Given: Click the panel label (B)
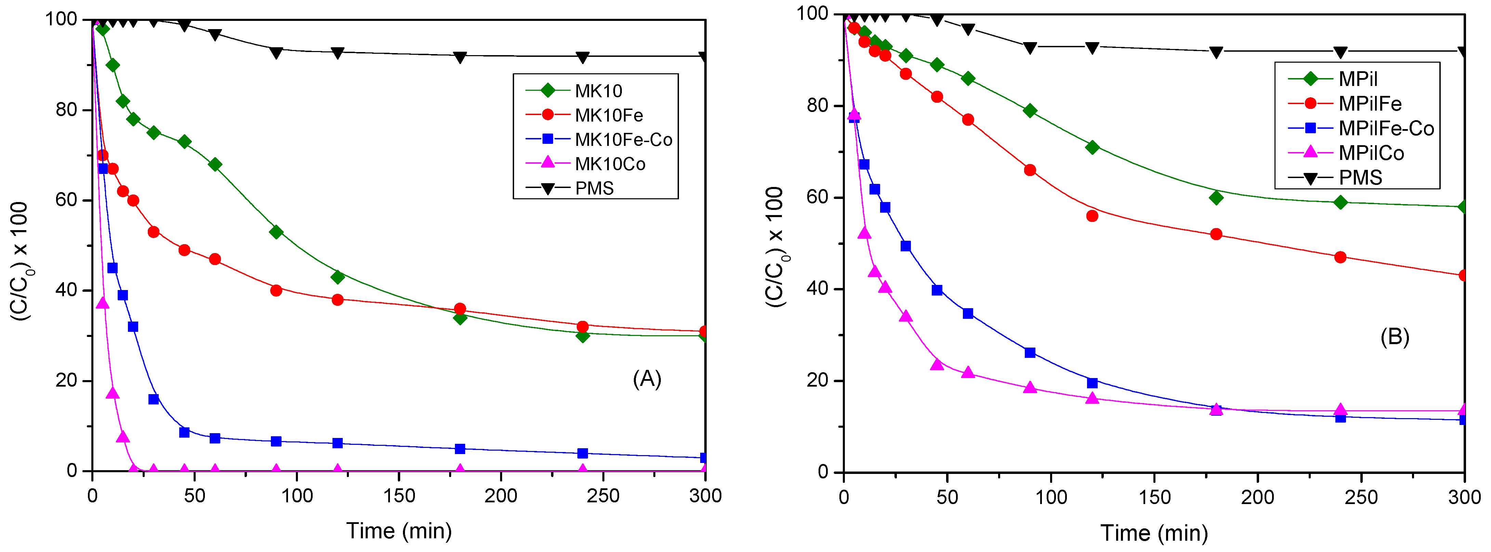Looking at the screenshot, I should (x=1394, y=337).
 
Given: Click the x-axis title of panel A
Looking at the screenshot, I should (x=399, y=530).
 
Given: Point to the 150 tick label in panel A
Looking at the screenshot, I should (x=399, y=496).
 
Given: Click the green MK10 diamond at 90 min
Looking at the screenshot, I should (x=276, y=232).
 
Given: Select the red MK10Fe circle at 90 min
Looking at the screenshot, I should (x=276, y=290).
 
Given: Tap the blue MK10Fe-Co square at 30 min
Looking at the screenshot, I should (x=153, y=399).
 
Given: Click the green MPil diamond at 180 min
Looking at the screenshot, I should (x=1216, y=198).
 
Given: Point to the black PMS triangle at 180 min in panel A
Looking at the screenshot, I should (x=460, y=57).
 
